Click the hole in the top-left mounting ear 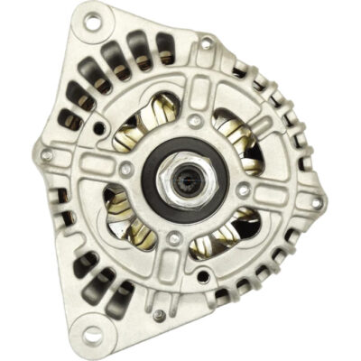90,24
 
